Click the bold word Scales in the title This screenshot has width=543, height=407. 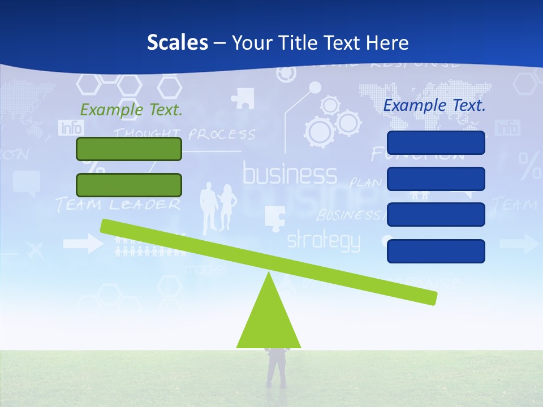pos(177,42)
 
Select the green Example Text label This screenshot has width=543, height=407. pos(131,110)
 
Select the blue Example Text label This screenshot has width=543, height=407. pos(434,105)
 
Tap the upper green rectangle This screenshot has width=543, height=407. pos(129,149)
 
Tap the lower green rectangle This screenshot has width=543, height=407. pos(129,185)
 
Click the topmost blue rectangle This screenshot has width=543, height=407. pos(436,142)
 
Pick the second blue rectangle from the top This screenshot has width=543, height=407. pos(436,179)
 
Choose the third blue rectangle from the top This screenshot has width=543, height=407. pos(436,214)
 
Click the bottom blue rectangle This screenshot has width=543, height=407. pos(436,251)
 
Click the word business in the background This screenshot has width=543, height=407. pos(290,175)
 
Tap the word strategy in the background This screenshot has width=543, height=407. pos(323,241)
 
